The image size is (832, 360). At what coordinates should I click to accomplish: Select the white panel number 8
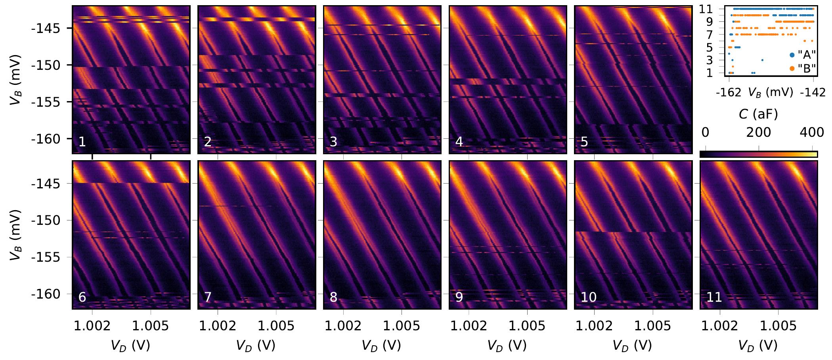[333, 297]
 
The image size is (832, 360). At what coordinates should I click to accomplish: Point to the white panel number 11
[714, 297]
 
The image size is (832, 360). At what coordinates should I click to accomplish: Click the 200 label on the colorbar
[759, 132]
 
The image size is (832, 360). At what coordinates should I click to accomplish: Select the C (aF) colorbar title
[758, 114]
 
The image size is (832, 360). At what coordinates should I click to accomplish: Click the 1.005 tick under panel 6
[151, 326]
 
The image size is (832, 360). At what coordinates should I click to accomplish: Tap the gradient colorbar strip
[758, 154]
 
